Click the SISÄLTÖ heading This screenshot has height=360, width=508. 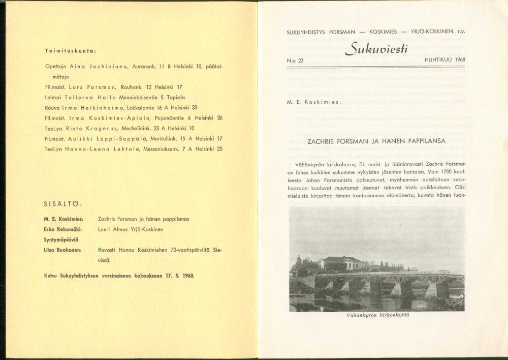pyautogui.click(x=63, y=205)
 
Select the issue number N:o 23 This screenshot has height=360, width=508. pyautogui.click(x=295, y=60)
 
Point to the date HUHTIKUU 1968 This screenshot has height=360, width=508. pyautogui.click(x=444, y=59)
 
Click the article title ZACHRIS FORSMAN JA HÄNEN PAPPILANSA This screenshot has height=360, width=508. pyautogui.click(x=376, y=141)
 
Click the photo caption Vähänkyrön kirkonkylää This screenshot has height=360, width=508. pyautogui.click(x=377, y=315)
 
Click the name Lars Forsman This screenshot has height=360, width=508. pyautogui.click(x=98, y=87)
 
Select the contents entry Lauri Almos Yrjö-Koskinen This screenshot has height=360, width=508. pyautogui.click(x=130, y=229)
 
